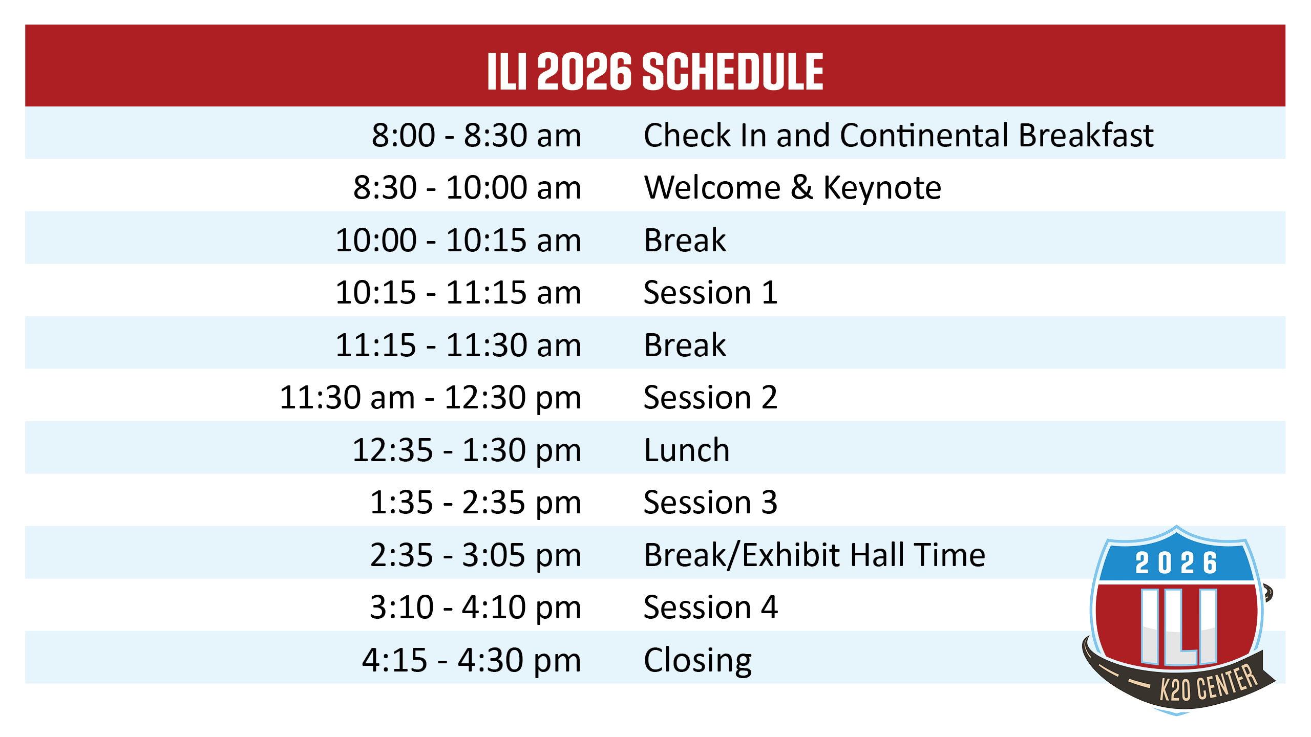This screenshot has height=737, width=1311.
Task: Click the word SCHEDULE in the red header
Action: (x=732, y=72)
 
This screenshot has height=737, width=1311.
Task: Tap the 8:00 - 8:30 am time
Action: (x=476, y=135)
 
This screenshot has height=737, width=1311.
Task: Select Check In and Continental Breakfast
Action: (x=899, y=135)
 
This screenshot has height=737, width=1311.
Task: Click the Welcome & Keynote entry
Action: (x=793, y=187)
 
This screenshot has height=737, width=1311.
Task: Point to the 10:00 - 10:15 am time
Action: (x=458, y=240)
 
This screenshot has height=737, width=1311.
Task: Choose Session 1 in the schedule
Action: (x=711, y=293)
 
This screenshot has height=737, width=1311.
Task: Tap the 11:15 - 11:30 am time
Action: (x=458, y=345)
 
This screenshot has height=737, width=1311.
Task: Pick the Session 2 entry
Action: (x=711, y=398)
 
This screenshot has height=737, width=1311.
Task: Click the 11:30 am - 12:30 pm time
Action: (x=431, y=398)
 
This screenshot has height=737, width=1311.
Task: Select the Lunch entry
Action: (x=687, y=450)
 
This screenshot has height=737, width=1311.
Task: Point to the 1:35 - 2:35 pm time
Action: (x=476, y=503)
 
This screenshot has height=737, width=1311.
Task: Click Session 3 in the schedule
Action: (x=711, y=503)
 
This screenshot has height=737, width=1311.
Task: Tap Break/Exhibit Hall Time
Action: (x=815, y=555)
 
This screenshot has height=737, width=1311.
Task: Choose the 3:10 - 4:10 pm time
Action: (x=476, y=608)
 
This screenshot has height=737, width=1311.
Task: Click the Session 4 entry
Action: (x=711, y=608)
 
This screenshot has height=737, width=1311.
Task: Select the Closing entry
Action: (x=697, y=661)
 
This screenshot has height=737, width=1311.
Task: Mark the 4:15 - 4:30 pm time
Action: (x=472, y=661)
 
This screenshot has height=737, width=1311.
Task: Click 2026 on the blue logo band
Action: (x=1176, y=563)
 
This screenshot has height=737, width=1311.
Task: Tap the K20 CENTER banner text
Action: (x=1209, y=684)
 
